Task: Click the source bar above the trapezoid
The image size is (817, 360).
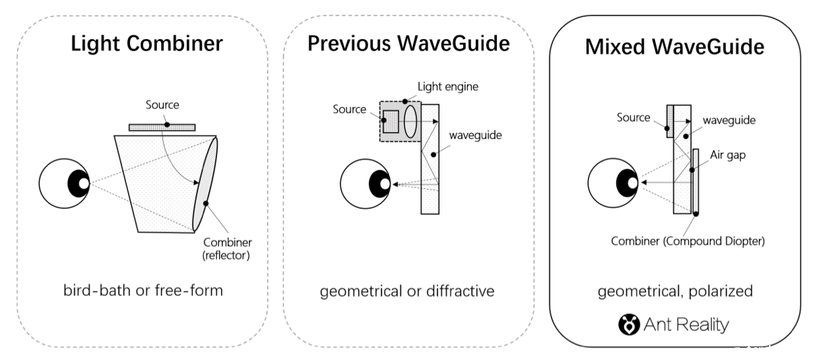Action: coord(162,126)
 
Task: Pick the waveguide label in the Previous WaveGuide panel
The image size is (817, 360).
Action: coord(471,135)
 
